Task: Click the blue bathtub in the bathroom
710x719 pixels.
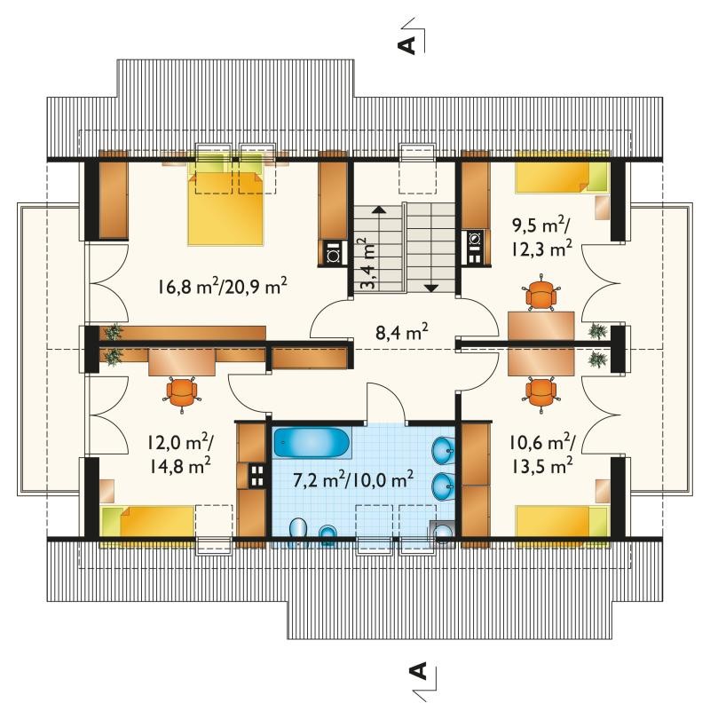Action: point(312,443)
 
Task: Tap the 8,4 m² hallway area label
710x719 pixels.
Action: point(402,331)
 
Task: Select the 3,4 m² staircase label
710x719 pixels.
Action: point(367,264)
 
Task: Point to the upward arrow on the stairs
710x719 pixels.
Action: point(379,248)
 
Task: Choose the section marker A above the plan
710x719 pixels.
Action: point(407,44)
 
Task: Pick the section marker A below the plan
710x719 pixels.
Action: point(417,671)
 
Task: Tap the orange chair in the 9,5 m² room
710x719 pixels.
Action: point(541,293)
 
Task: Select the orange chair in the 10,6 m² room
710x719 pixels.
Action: point(541,393)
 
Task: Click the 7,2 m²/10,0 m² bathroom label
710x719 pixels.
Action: point(353,479)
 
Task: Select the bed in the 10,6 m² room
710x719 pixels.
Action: point(563,520)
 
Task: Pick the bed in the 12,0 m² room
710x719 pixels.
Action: point(147,521)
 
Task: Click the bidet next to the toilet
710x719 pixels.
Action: point(327,533)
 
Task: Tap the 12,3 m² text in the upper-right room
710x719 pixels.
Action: point(541,249)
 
